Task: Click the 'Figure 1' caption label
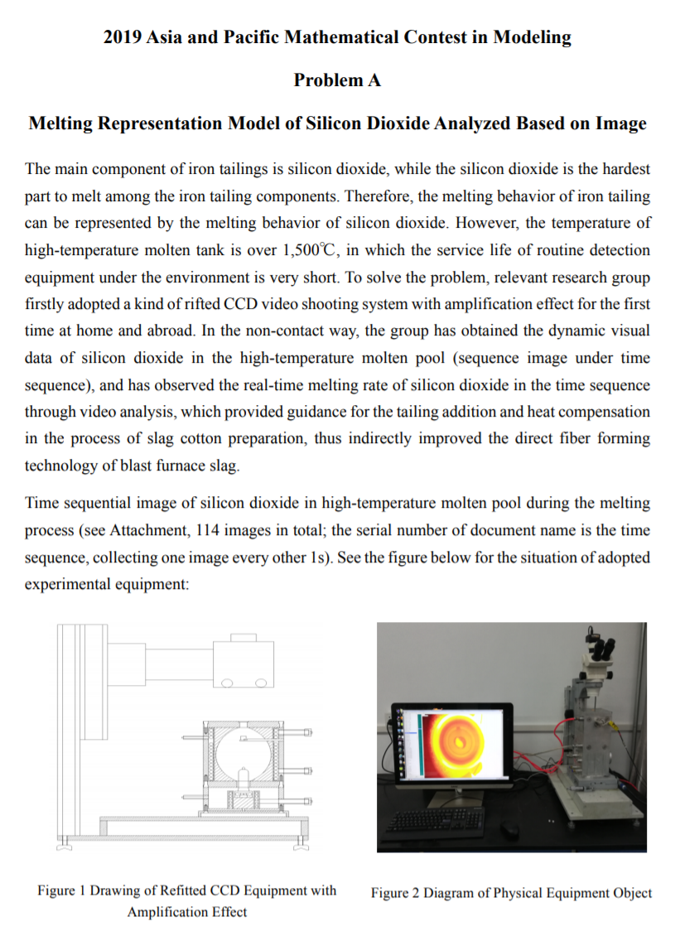pyautogui.click(x=61, y=891)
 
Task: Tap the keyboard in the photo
pyautogui.click(x=436, y=819)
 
